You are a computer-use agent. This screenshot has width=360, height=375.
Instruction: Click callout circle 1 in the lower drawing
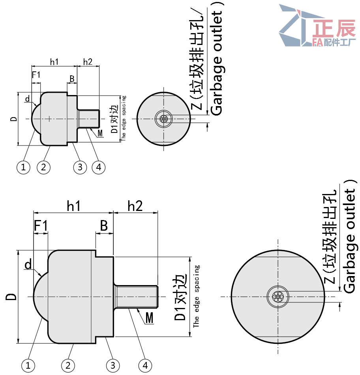point(28,366)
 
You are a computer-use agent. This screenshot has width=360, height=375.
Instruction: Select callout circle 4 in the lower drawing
point(145,366)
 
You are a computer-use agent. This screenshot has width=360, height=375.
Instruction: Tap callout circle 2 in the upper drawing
point(43,167)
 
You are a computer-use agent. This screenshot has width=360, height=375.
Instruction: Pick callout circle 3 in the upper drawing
point(80,167)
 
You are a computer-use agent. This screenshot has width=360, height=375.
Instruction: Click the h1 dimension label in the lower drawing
point(73,206)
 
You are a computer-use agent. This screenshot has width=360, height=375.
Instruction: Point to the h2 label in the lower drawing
point(135,206)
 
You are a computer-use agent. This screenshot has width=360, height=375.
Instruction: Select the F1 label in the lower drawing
point(41,226)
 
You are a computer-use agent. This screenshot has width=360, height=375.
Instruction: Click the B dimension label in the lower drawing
point(104,226)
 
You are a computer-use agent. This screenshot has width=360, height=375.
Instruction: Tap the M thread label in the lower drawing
point(149,318)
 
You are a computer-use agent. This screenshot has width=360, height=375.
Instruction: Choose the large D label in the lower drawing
point(11,297)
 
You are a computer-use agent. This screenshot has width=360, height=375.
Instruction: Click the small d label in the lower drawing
point(28,264)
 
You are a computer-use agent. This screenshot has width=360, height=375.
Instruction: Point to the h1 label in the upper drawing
point(54,62)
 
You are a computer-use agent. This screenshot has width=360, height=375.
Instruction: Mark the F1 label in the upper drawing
point(36,75)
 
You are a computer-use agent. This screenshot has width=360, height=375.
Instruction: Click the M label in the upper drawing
point(100,133)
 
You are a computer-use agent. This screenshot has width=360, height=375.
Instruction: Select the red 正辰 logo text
point(334,28)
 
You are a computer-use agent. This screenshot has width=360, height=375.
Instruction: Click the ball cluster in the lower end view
point(277,297)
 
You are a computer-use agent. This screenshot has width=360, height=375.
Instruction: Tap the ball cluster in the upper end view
point(163,119)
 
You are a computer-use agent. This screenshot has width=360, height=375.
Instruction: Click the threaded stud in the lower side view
point(136,297)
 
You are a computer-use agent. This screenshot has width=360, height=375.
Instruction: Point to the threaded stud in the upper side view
point(88,119)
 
